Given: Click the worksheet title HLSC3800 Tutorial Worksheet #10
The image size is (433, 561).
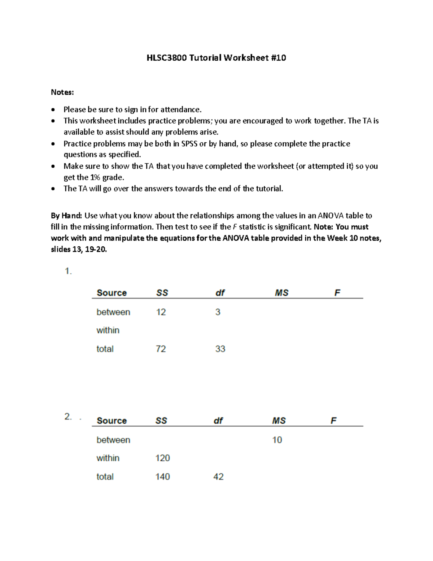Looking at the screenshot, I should pos(216,58).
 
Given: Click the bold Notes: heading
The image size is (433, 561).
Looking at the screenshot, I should pos(62,92).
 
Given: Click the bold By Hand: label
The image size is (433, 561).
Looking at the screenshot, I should pos(66,216).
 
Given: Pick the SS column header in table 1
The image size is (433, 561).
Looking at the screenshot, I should pos(162,293).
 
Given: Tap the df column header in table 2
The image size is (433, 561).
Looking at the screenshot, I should pos(218,420).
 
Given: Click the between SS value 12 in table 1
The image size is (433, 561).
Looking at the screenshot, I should pos(161,312).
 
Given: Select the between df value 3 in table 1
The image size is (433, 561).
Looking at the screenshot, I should pos(218,312).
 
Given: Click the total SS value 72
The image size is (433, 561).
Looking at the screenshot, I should pos(161,349).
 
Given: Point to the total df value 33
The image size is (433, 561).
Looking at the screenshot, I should pos(220,349).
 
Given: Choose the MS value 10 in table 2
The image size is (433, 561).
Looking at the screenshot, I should pos(277,440).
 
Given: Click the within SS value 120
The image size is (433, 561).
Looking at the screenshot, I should pos(162,458).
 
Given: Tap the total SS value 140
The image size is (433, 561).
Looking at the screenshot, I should pos(162,477).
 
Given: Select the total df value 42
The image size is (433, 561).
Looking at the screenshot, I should pos(218,477).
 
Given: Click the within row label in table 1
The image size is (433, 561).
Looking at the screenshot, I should pos(108,330).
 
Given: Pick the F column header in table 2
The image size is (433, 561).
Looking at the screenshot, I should pos(333,420).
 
